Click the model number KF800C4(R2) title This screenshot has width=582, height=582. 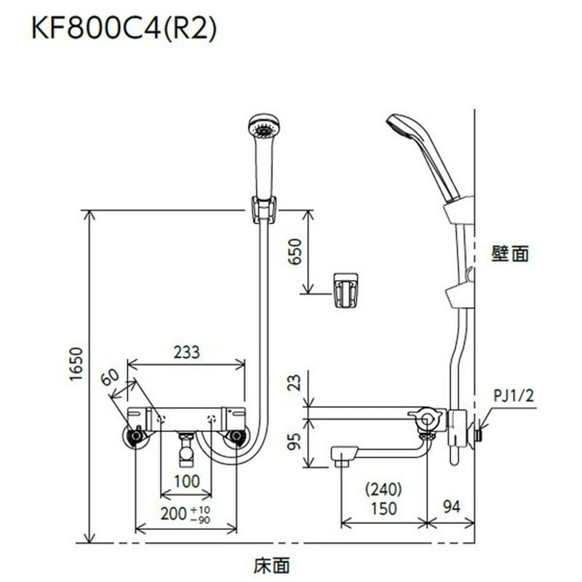coord(124,30)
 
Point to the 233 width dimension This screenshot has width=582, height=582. coord(187,351)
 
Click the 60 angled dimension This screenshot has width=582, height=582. coord(111,379)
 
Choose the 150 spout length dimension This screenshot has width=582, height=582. coord(384,509)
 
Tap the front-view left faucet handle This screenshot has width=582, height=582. coord(135,436)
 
